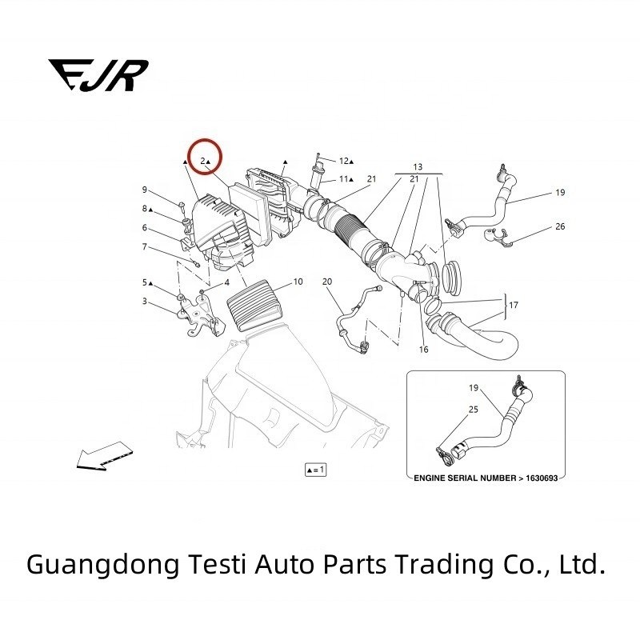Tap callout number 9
pos(145,190)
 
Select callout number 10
pos(298,282)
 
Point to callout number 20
pos(326,282)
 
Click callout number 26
pos(560,226)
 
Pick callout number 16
pos(424,350)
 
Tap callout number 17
pos(514,304)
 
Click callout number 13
pos(417,166)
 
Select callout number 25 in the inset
pos(474,409)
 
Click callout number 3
pos(145,301)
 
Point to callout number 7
pos(145,246)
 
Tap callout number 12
pos(344,161)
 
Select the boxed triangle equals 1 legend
pos(315,470)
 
